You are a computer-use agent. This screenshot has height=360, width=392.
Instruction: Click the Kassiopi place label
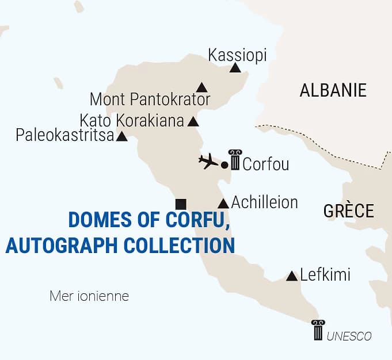point(237,55)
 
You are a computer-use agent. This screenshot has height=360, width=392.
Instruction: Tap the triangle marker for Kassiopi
point(235,68)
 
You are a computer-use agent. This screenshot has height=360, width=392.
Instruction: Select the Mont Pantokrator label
point(150,99)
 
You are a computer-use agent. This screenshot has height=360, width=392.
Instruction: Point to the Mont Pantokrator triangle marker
point(201,88)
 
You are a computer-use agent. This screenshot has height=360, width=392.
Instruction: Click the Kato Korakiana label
point(132,121)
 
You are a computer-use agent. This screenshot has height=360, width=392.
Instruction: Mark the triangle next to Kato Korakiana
point(193,122)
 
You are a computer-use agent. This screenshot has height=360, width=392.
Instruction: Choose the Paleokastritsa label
point(64,136)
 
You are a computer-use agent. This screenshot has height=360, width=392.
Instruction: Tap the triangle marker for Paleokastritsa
point(122,137)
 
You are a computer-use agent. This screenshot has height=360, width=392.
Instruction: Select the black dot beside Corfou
point(224,165)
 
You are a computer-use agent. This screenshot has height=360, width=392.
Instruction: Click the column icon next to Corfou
point(235,159)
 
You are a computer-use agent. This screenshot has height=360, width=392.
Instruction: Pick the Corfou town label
point(265,164)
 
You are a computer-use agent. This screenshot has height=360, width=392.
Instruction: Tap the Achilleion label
point(264,202)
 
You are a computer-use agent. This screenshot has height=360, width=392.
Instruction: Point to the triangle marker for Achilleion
point(223,204)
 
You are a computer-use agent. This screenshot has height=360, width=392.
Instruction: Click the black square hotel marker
point(181,204)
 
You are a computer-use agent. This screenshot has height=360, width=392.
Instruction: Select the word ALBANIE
point(333,90)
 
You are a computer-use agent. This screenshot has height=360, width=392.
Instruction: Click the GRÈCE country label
point(348,210)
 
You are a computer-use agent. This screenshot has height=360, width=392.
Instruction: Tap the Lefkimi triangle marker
point(292,276)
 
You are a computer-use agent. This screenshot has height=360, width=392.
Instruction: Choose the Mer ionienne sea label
point(89,297)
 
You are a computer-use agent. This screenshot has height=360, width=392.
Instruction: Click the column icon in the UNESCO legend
point(318,331)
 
